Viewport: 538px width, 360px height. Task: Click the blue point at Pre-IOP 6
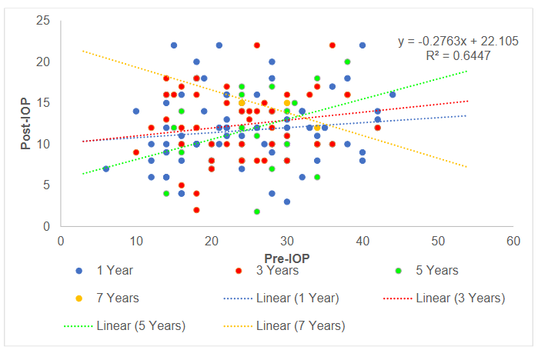106,168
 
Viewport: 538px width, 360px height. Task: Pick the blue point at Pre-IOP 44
393,95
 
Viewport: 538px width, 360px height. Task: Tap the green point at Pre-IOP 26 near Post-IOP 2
257,211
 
